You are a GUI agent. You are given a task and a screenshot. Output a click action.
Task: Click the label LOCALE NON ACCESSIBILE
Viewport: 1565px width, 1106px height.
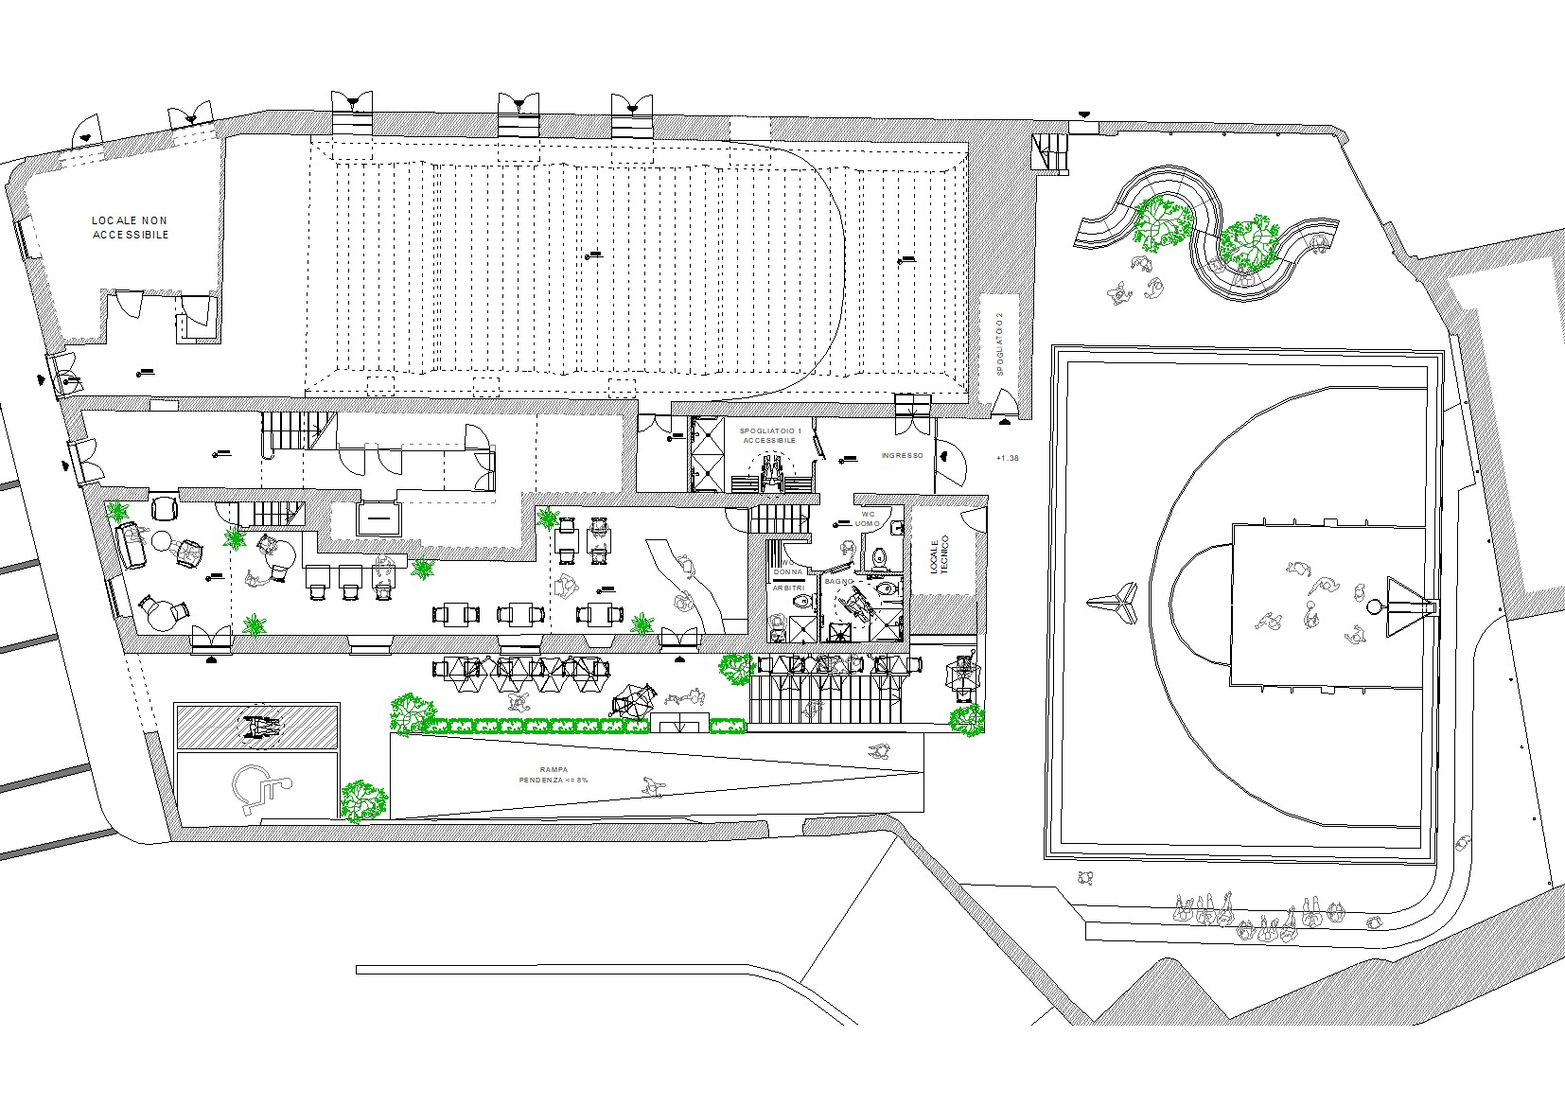point(131,227)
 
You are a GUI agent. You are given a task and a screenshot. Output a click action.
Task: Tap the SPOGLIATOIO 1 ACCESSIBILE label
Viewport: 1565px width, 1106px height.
point(767,435)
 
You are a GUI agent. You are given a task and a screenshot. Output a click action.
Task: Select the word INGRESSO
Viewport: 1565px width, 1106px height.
point(902,456)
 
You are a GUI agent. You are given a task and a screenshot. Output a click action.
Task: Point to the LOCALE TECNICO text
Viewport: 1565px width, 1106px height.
point(938,556)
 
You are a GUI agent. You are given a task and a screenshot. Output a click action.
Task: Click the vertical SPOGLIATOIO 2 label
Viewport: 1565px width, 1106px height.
point(998,344)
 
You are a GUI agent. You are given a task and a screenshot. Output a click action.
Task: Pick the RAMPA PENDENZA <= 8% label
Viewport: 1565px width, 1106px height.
point(553,775)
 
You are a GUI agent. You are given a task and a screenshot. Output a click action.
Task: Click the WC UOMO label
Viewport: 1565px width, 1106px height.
point(869,518)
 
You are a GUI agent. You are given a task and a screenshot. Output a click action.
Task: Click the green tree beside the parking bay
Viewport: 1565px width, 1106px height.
point(364,799)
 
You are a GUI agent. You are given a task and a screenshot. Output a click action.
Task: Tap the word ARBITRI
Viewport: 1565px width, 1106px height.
point(789,588)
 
